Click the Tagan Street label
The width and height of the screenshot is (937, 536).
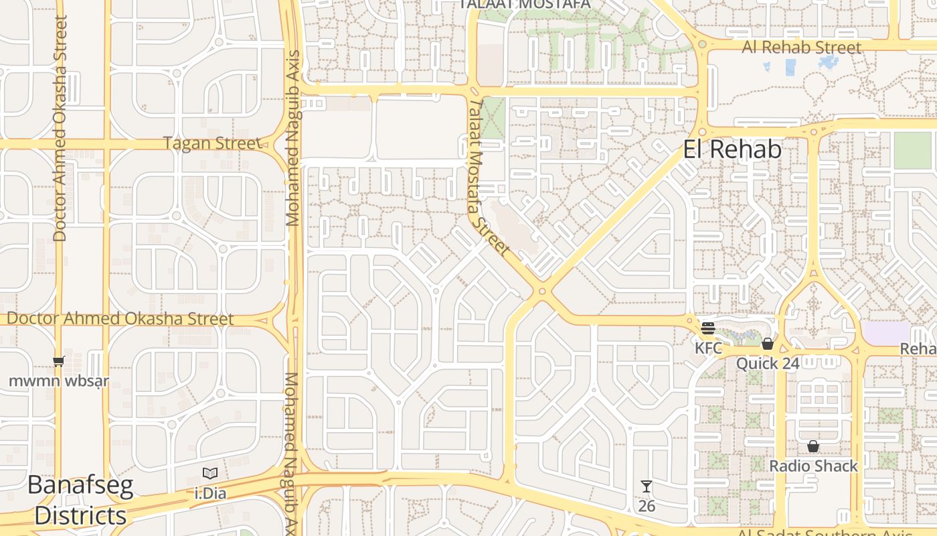click(x=213, y=143)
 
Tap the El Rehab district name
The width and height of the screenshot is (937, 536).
click(x=732, y=149)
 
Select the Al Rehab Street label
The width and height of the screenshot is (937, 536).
click(x=801, y=48)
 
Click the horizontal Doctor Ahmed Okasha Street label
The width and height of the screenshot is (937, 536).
click(x=120, y=319)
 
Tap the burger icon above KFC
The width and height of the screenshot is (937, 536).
click(x=708, y=328)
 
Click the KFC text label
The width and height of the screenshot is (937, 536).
click(x=708, y=348)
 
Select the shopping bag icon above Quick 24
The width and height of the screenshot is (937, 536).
click(x=768, y=344)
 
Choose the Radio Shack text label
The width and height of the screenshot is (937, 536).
click(x=813, y=466)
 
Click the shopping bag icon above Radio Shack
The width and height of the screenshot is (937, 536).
click(x=813, y=446)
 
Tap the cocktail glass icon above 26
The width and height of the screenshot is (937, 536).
click(x=647, y=486)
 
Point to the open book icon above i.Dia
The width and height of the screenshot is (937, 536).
click(x=210, y=474)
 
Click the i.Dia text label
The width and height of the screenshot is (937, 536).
click(x=210, y=494)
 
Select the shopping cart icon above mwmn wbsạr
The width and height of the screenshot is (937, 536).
click(x=59, y=362)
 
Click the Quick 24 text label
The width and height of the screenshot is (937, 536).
click(x=768, y=364)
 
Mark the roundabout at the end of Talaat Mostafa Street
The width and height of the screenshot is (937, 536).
click(x=542, y=291)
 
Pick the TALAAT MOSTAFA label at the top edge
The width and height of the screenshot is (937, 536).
click(x=525, y=4)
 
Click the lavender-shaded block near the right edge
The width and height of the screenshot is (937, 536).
click(x=887, y=332)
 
